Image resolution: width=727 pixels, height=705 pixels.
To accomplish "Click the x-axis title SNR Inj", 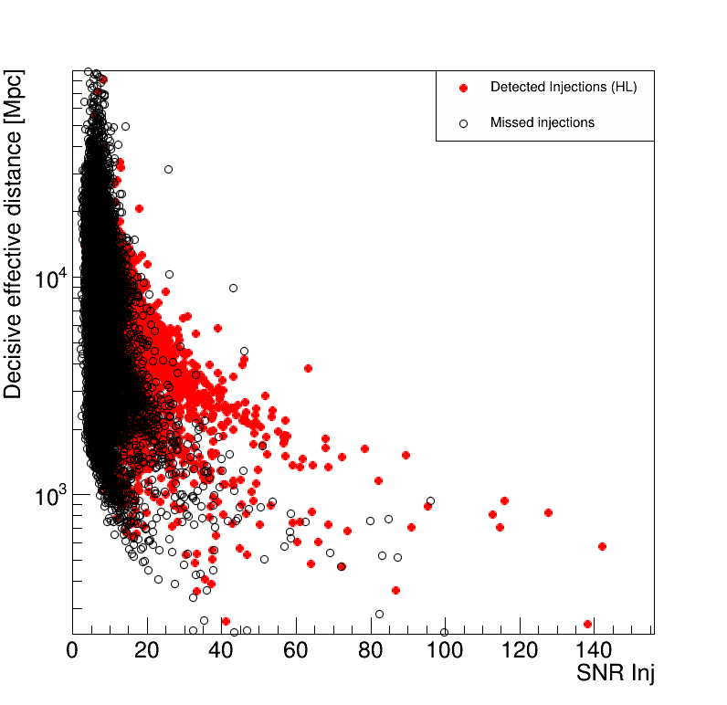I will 615,674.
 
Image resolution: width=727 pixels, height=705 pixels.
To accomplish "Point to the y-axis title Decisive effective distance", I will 14,235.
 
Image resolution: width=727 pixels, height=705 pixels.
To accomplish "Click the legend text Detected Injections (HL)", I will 564,88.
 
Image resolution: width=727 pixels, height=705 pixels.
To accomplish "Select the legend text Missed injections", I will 543,122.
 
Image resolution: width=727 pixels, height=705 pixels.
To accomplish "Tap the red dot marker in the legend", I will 464,88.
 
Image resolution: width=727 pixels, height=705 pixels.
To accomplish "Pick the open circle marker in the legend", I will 464,122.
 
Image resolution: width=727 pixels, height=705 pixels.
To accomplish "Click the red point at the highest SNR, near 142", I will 602,546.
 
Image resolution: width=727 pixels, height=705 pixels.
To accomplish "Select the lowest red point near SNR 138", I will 588,624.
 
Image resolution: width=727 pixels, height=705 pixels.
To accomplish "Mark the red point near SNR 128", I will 548,512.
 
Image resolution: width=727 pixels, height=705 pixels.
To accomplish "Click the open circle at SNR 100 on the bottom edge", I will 445,632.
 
